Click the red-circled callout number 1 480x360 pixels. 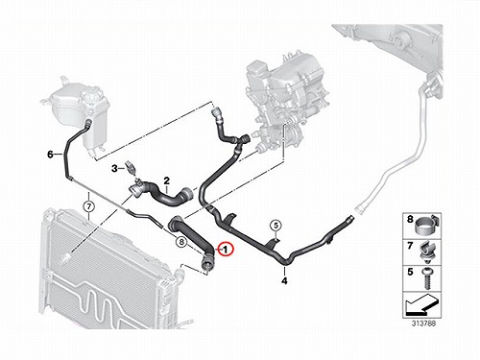(x=226, y=249)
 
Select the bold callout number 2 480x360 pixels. (x=166, y=181)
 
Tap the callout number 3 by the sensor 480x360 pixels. (x=114, y=168)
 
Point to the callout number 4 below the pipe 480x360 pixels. (x=284, y=281)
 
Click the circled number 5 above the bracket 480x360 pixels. (x=276, y=226)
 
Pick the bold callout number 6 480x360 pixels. (x=50, y=155)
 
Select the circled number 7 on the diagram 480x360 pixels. (x=89, y=206)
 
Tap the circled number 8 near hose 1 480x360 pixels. (x=181, y=242)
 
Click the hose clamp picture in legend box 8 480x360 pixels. (x=427, y=224)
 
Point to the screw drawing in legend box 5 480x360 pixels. (x=426, y=277)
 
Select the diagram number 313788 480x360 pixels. (x=423, y=324)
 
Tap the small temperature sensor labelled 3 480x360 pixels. (x=132, y=168)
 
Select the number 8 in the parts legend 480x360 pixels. (x=410, y=220)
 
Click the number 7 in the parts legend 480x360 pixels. (x=410, y=246)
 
